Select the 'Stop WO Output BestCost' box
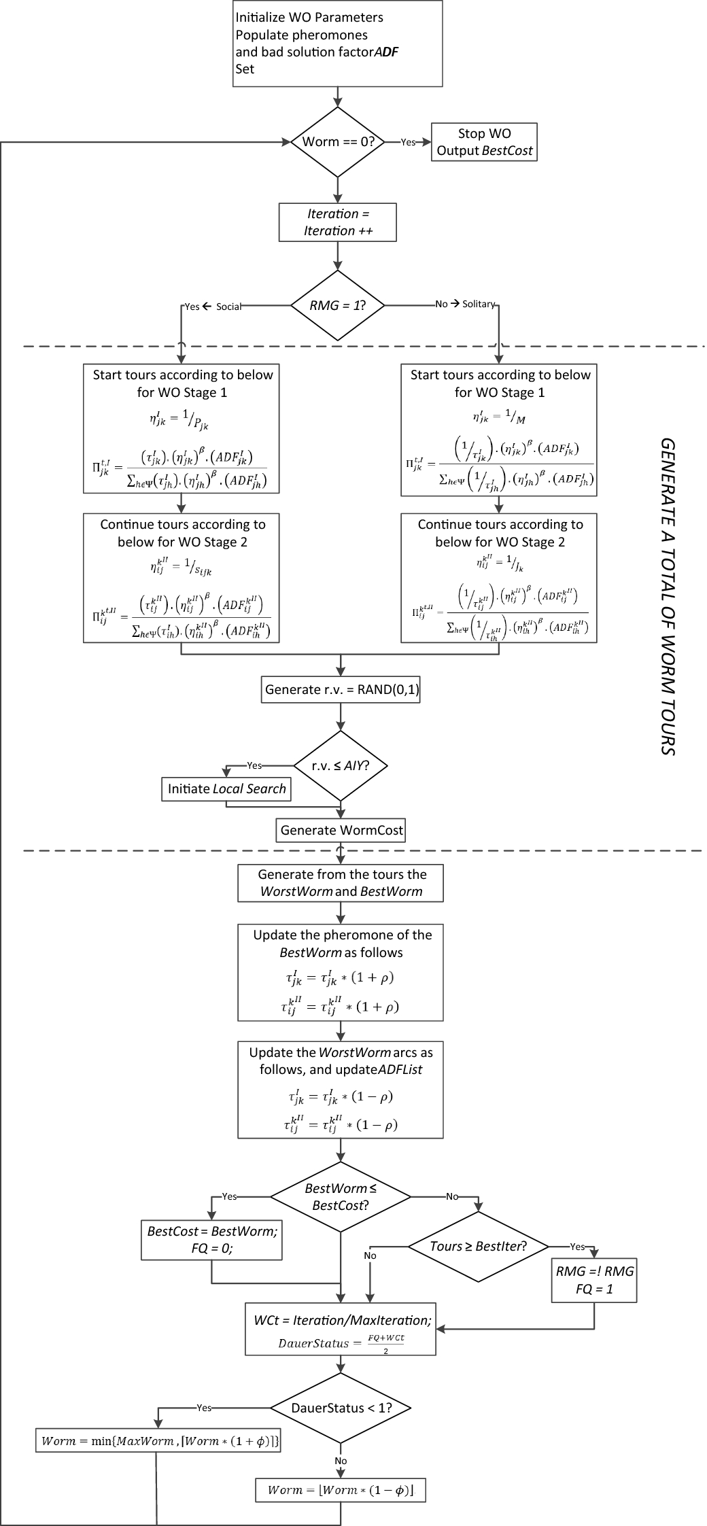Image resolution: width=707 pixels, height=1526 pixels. (484, 142)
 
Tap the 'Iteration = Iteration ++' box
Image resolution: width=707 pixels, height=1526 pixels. (338, 222)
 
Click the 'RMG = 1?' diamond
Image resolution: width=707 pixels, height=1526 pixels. (338, 305)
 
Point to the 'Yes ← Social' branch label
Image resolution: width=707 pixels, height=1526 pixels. (213, 307)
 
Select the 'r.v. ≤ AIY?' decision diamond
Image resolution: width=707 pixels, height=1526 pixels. (340, 765)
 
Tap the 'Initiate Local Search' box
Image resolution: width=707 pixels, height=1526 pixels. (227, 788)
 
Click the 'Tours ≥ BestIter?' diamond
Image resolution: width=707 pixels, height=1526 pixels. (479, 1246)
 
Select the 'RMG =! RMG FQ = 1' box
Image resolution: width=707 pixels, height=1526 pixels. (594, 1280)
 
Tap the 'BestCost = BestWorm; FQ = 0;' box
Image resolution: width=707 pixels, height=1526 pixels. (212, 1239)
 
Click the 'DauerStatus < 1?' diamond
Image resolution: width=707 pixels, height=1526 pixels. (341, 1408)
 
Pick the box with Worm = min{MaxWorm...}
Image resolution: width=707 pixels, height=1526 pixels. (158, 1440)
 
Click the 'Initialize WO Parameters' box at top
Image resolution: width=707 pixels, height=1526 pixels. (338, 43)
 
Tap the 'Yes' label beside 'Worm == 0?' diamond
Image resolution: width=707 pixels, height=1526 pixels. (408, 142)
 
